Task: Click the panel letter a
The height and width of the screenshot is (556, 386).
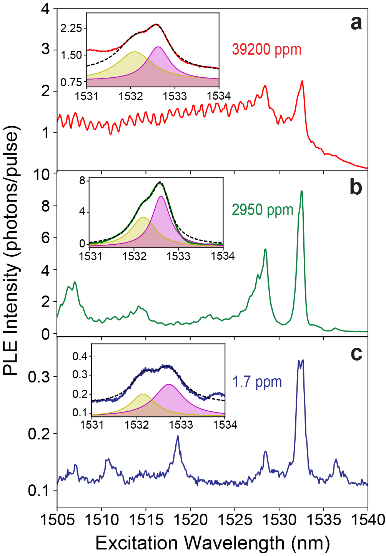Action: point(356,23)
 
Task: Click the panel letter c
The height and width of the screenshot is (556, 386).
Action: point(356,353)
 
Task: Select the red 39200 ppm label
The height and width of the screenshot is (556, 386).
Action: point(266,50)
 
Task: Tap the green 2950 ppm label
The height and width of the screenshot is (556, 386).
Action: point(263,210)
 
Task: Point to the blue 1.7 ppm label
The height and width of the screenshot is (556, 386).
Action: point(257,382)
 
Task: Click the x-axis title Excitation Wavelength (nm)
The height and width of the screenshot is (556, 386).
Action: point(212,543)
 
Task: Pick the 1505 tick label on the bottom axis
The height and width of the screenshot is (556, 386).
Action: point(57,520)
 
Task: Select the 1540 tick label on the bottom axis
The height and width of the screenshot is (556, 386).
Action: point(367,520)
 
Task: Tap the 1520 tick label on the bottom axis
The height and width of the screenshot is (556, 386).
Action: point(190,520)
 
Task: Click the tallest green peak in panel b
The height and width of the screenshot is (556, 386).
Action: point(302,191)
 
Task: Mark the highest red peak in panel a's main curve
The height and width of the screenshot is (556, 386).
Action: point(302,81)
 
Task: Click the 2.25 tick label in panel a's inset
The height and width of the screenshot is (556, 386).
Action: point(71,28)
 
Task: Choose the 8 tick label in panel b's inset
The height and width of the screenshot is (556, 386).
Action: point(82,180)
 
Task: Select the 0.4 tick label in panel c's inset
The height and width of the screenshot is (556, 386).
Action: point(80,356)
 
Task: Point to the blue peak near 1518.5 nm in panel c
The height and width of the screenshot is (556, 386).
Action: point(178,436)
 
